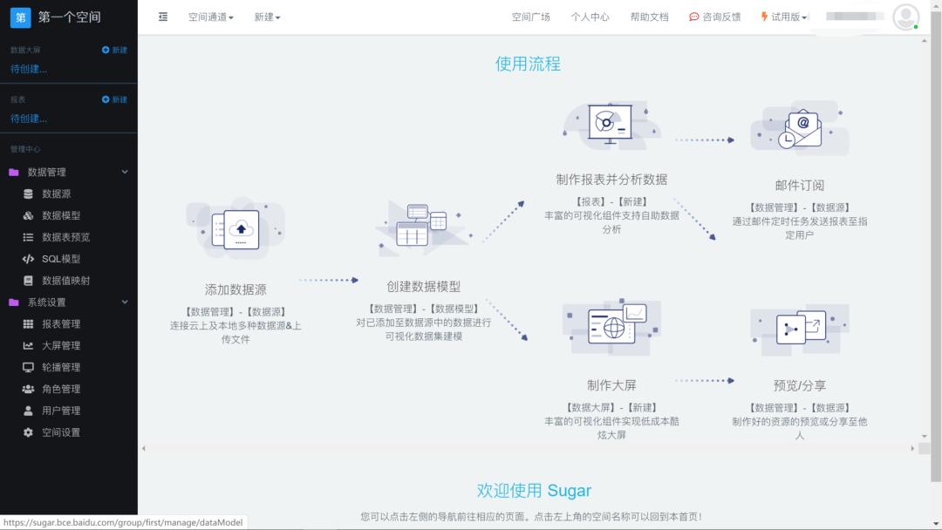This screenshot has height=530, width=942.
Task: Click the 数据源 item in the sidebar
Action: (x=56, y=194)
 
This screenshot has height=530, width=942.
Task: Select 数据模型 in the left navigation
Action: (x=60, y=215)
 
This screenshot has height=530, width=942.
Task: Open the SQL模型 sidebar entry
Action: (x=60, y=259)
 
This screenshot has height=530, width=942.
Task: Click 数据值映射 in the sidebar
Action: (x=65, y=281)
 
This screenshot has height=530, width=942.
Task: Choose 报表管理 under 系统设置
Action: (x=60, y=323)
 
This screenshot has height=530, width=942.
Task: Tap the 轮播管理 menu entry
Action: (x=60, y=367)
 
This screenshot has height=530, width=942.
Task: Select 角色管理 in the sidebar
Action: (x=60, y=389)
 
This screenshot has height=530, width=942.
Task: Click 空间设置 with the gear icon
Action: (x=60, y=432)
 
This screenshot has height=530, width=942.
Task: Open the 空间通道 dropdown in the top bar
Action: (x=210, y=17)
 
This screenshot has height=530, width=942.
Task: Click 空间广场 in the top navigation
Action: (x=530, y=17)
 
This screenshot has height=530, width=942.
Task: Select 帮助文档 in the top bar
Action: (x=649, y=17)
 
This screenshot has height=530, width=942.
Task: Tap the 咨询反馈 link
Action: (x=714, y=17)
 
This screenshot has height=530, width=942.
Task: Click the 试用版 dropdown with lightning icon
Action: (x=784, y=17)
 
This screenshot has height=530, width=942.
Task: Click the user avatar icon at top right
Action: (x=905, y=17)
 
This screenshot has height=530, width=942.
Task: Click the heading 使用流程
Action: (x=528, y=64)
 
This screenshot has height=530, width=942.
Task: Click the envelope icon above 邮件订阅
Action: (x=801, y=129)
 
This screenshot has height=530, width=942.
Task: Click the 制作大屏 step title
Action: (x=611, y=385)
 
